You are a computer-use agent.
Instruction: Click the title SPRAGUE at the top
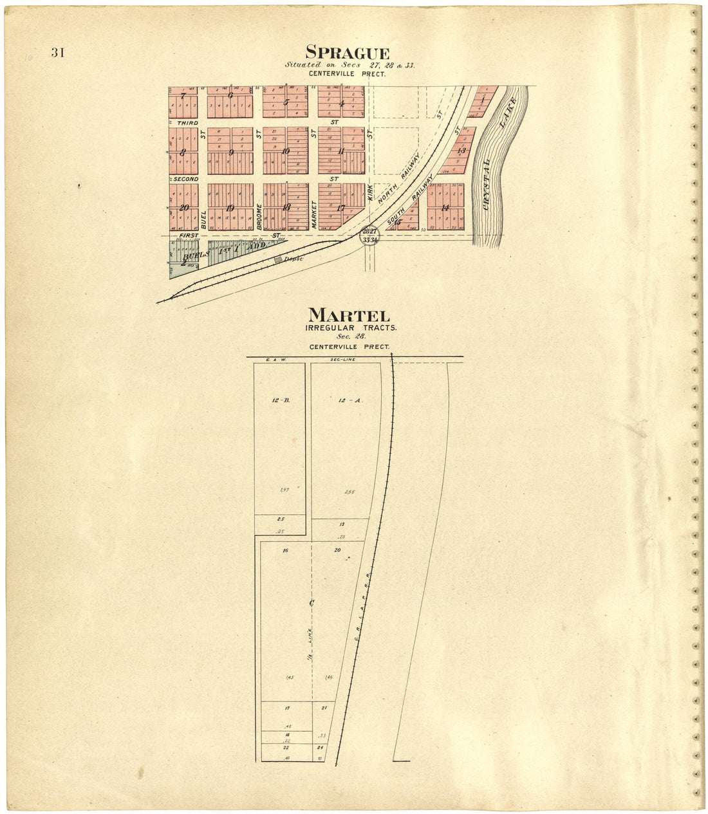347,52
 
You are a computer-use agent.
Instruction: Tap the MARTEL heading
349,315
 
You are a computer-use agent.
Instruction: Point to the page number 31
58,53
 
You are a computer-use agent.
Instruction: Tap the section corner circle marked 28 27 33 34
369,236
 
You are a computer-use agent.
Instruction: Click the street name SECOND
185,178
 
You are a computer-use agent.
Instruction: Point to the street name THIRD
185,122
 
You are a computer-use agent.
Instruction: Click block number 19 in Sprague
230,207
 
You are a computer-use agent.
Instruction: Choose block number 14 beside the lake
445,207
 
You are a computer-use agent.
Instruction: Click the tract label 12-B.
281,400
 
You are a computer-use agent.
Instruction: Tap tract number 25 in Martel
281,519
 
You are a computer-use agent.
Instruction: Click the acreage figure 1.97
285,490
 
